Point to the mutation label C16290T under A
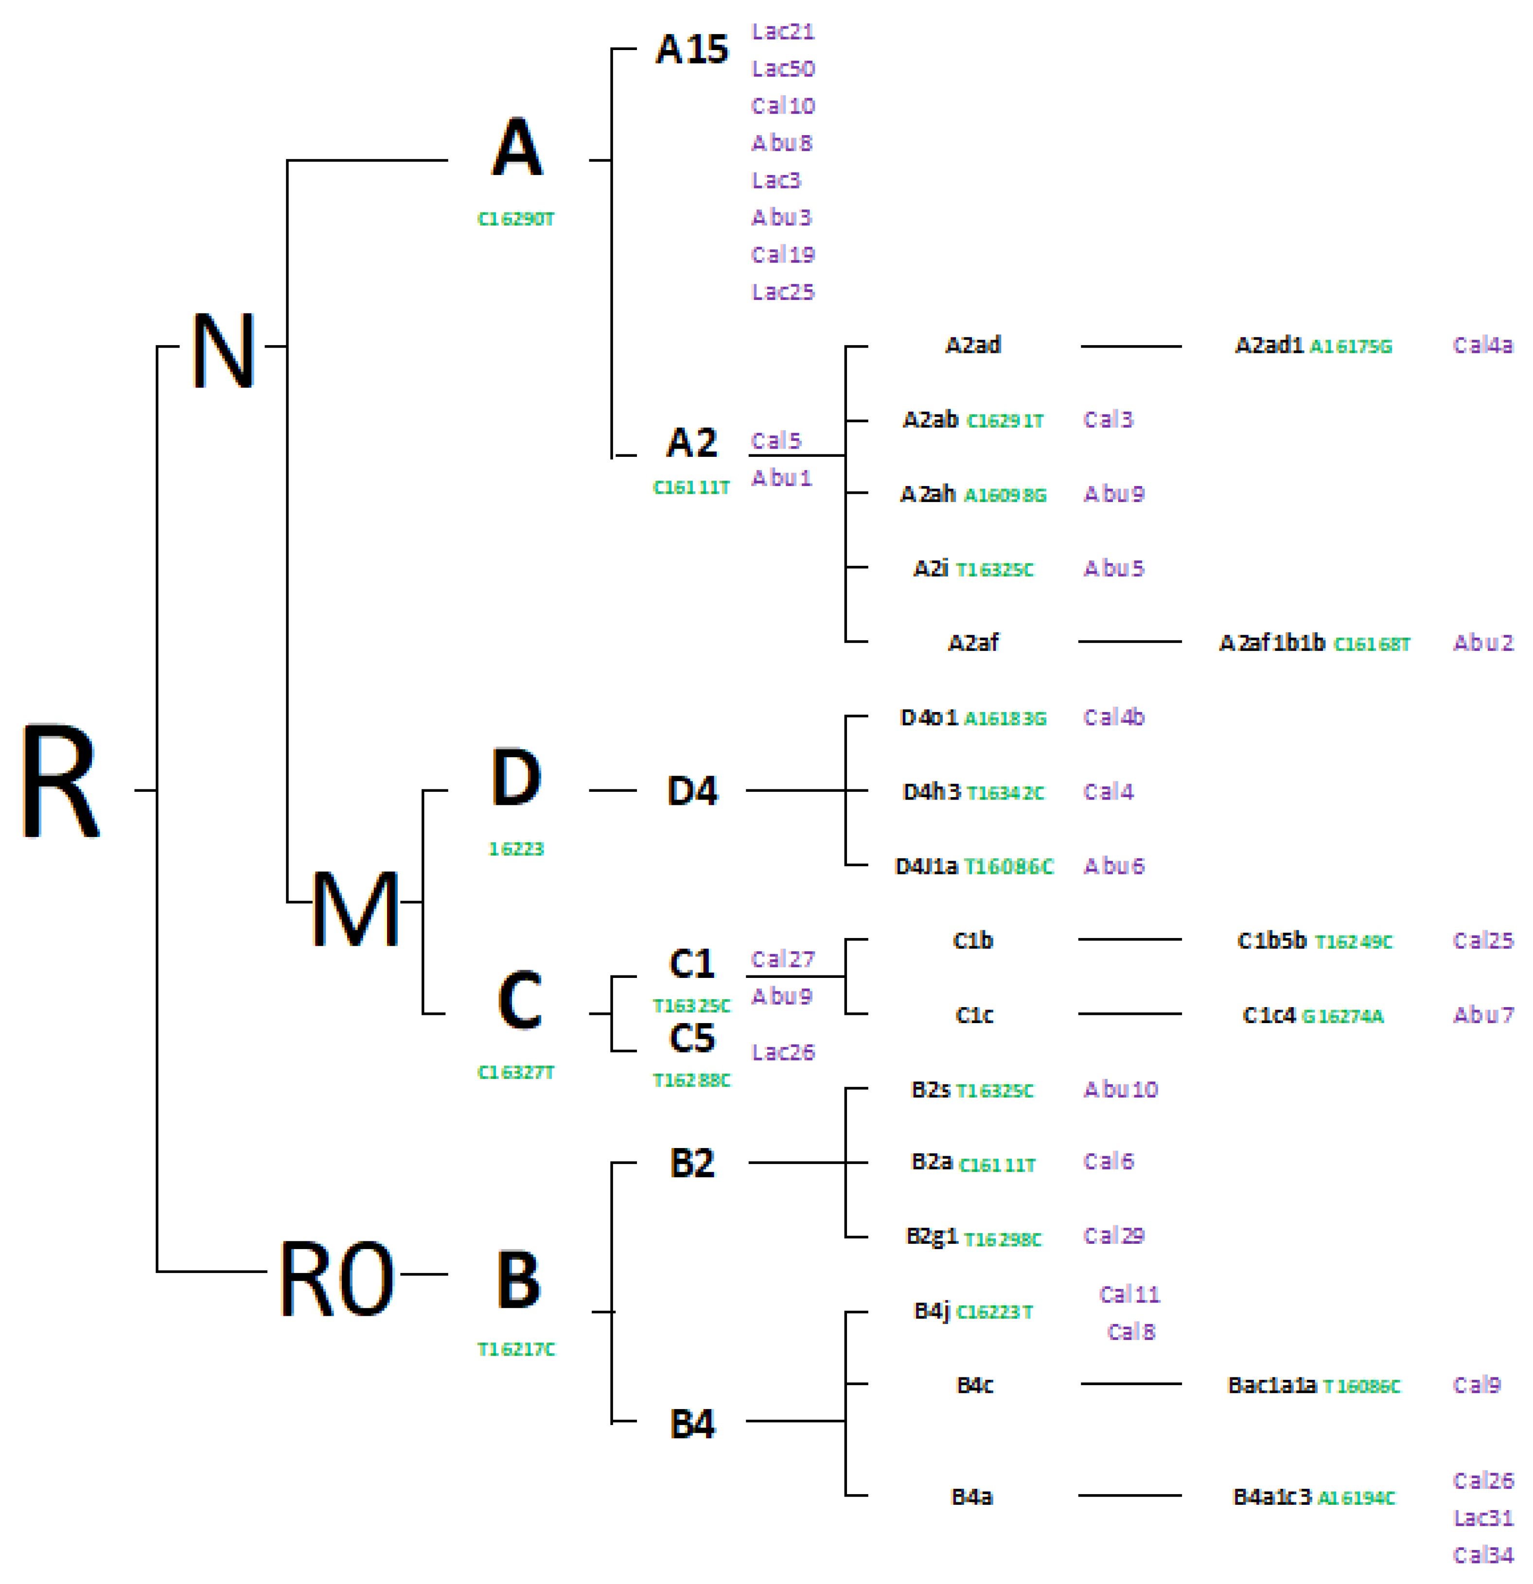(516, 219)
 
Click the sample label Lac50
(783, 69)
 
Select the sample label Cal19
(783, 255)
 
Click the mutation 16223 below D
(516, 849)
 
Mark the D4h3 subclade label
(931, 791)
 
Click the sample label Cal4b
(1113, 717)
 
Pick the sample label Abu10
(1120, 1089)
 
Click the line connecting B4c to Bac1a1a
(1130, 1384)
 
